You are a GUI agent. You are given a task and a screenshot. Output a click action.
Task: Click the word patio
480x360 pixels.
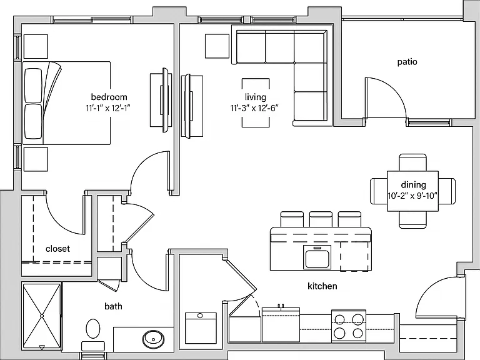[x=407, y=62]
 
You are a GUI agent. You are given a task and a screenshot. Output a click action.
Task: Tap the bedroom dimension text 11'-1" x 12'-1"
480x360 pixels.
[x=108, y=108]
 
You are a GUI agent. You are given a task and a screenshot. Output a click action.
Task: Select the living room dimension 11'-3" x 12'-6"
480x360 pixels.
[x=255, y=108]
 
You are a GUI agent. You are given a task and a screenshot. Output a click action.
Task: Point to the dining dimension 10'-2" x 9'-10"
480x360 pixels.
[x=413, y=196]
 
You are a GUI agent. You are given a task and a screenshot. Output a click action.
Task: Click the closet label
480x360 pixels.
[x=57, y=249]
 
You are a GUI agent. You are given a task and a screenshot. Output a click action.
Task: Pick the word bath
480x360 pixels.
[x=113, y=306]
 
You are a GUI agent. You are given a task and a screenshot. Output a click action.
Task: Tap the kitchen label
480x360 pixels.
[x=322, y=286]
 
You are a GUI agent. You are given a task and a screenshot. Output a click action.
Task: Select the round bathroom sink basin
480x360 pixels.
[x=153, y=339]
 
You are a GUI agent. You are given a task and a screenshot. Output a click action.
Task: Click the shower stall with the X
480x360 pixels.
[x=42, y=315]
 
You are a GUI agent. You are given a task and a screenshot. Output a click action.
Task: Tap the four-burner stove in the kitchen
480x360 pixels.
[x=349, y=326]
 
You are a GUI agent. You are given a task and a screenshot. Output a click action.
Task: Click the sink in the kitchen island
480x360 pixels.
[x=317, y=257]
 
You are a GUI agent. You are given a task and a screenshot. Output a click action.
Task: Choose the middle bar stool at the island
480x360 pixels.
[x=321, y=219]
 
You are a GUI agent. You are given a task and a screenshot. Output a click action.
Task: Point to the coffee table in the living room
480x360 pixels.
[x=256, y=102]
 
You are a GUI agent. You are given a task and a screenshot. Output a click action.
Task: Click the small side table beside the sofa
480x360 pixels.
[x=217, y=46]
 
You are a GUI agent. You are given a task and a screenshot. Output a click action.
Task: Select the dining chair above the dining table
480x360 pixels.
[x=412, y=162]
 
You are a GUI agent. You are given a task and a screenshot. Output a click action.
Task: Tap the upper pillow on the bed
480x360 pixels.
[x=33, y=86]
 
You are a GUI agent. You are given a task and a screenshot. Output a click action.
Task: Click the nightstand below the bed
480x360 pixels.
[x=36, y=159]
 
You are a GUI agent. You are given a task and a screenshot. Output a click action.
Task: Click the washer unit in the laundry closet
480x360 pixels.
[x=201, y=328]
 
